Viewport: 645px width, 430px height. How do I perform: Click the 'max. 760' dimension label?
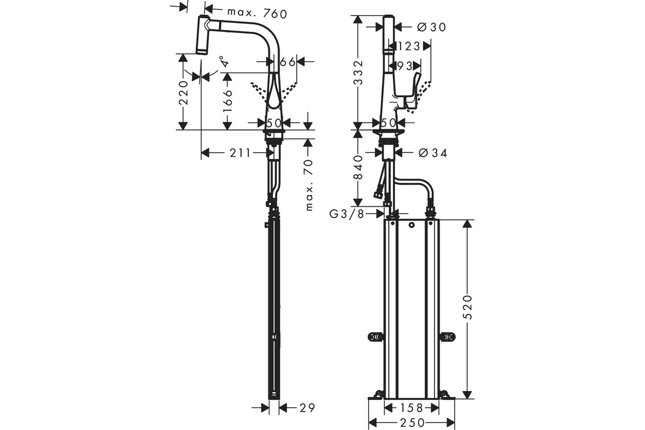(257, 13)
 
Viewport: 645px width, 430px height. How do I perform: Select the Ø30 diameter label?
(431, 27)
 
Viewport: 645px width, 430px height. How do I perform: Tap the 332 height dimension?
(358, 73)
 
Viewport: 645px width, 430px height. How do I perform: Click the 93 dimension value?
(405, 66)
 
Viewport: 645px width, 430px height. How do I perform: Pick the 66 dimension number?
(288, 61)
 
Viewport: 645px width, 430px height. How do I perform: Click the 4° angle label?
(225, 61)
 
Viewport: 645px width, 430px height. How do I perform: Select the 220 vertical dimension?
(183, 93)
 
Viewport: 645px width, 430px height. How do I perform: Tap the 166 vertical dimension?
(227, 102)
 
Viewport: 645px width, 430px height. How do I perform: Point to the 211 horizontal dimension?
(240, 153)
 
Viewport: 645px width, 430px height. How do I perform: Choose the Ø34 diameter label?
(433, 153)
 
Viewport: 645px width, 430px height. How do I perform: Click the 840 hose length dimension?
(358, 167)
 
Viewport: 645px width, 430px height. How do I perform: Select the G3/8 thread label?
(347, 214)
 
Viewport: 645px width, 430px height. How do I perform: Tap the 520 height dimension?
(468, 307)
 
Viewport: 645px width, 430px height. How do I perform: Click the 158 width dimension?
(412, 408)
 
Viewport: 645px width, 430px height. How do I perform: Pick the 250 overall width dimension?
(412, 423)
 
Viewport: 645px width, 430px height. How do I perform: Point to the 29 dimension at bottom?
(307, 408)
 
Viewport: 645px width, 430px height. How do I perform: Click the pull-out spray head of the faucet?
(203, 34)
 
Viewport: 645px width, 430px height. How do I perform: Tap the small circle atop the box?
(412, 225)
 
